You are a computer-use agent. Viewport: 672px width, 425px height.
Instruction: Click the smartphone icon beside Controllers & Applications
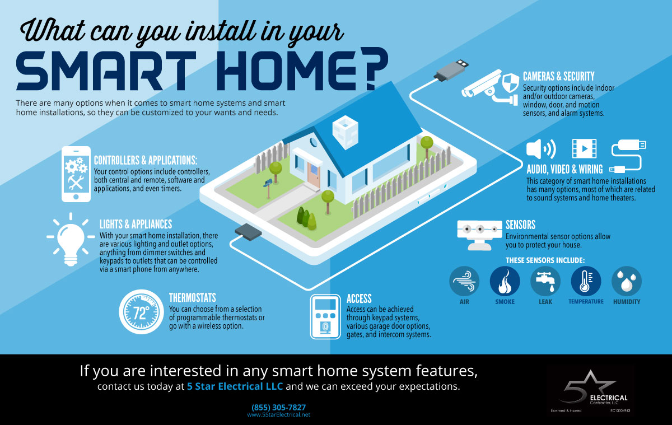click(76, 174)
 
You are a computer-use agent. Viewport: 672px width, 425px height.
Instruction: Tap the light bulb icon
click(71, 239)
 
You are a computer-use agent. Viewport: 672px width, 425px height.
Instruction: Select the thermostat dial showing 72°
click(141, 312)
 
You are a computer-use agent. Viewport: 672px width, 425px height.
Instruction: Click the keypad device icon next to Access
click(325, 317)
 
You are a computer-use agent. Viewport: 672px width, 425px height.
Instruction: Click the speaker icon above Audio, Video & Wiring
click(541, 149)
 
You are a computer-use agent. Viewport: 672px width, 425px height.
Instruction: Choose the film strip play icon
click(584, 148)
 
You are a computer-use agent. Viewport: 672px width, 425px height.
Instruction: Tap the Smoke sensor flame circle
click(505, 281)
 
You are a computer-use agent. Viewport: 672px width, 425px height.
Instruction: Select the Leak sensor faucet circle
click(545, 281)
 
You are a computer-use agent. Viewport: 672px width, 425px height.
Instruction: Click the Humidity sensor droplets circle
click(627, 281)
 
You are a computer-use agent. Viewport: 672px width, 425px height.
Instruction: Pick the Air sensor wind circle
click(464, 281)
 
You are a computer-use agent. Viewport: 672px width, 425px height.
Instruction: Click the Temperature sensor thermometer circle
click(586, 281)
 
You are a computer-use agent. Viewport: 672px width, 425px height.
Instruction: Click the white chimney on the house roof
click(346, 132)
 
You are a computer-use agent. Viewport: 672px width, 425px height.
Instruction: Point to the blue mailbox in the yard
click(268, 183)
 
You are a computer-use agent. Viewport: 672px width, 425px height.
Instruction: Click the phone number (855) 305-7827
click(278, 407)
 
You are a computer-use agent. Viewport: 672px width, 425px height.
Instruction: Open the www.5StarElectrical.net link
click(279, 415)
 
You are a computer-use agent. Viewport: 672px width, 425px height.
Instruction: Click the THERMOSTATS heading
click(192, 298)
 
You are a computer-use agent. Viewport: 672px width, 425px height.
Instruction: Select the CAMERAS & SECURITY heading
click(559, 77)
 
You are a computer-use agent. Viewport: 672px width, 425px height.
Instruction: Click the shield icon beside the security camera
click(511, 82)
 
